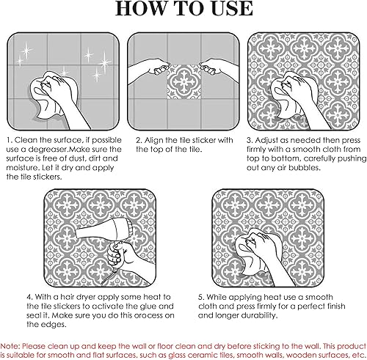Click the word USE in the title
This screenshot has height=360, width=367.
pos(232,9)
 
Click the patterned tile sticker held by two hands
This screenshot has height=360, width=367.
pos(183,81)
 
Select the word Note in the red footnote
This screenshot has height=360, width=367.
pos(9,346)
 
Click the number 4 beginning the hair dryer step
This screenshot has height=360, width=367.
pos(29,297)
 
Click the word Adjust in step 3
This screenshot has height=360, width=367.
pos(267,141)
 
